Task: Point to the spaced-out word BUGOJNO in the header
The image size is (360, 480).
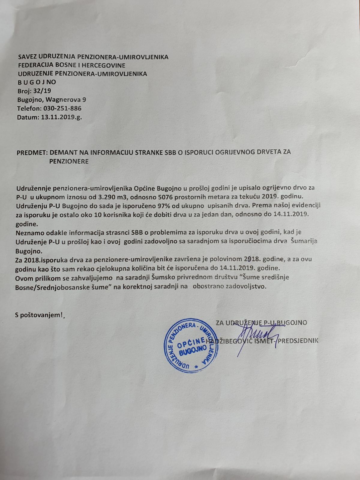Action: point(37,82)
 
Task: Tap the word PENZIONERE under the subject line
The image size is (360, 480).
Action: point(69,161)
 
